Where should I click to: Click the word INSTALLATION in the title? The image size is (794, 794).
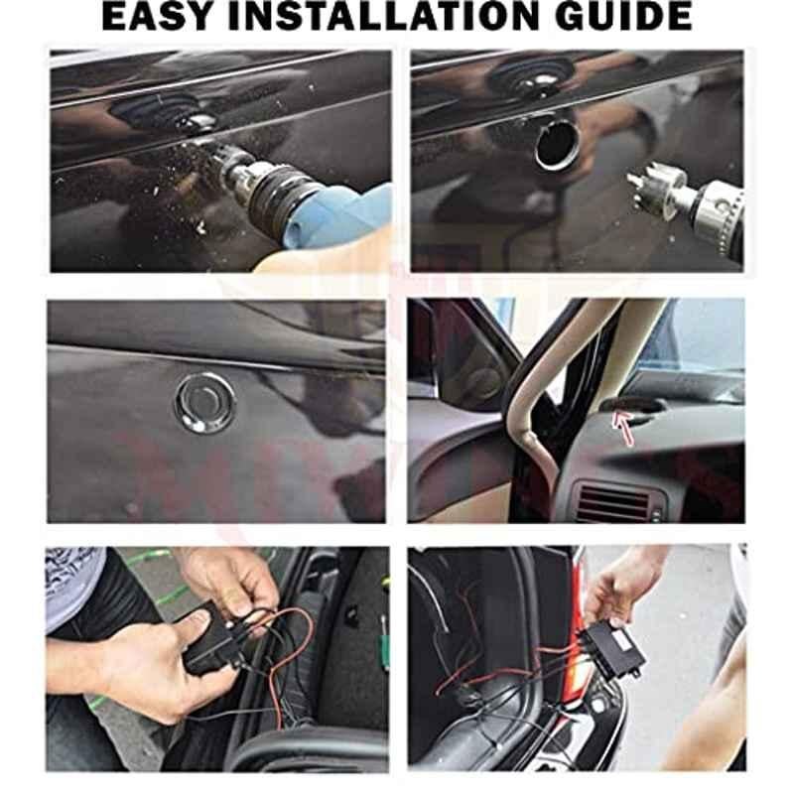(x=383, y=16)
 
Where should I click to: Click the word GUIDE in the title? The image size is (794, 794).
(x=624, y=16)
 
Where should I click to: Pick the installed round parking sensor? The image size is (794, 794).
(x=205, y=404)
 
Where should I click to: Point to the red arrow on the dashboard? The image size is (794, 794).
(x=623, y=428)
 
